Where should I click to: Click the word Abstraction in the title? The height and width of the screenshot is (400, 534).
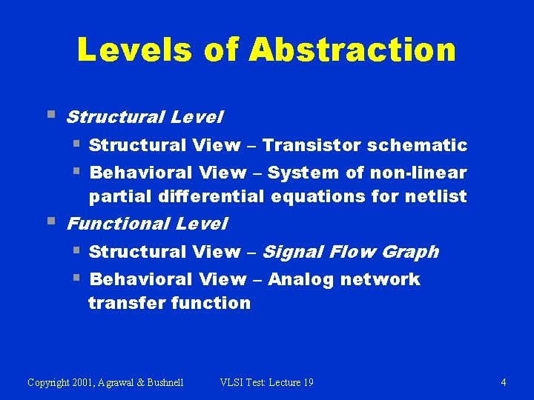click(352, 50)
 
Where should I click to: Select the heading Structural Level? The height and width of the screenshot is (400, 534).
click(145, 117)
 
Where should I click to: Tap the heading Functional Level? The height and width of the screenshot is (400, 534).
click(147, 223)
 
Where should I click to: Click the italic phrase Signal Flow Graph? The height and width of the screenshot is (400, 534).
click(350, 252)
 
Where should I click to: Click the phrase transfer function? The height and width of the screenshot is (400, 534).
click(169, 303)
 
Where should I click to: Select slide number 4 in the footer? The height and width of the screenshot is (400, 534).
click(504, 382)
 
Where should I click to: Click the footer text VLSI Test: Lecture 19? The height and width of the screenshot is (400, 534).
click(267, 382)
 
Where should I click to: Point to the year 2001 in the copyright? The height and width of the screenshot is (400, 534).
click(85, 382)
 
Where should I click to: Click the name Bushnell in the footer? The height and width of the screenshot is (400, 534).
click(161, 382)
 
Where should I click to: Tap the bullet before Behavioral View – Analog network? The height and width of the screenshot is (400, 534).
click(76, 278)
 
